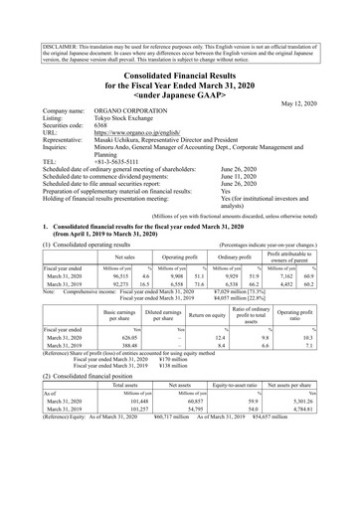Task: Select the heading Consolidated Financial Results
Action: point(180,65)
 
